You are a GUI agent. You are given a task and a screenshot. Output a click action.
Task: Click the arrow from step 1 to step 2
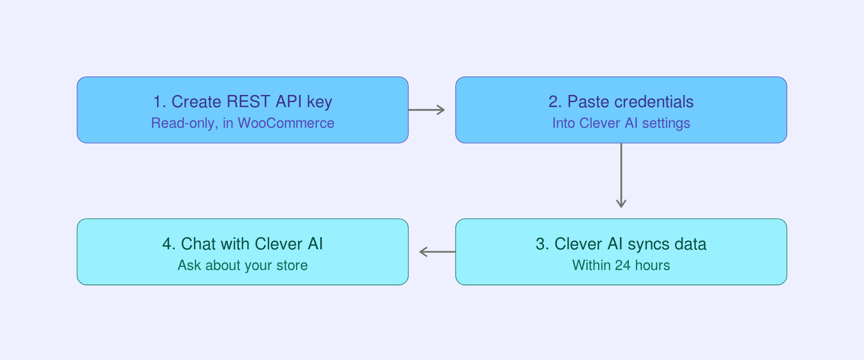[427, 110]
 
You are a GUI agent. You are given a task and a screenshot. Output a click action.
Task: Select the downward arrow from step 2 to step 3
[621, 175]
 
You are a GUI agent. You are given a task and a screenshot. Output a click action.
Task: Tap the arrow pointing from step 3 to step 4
[437, 252]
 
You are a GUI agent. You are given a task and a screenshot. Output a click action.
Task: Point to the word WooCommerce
[286, 123]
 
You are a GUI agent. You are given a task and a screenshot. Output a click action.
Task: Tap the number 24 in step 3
[623, 265]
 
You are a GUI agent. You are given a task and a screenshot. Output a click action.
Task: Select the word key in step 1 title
[319, 102]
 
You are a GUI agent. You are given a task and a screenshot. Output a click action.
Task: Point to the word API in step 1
[289, 102]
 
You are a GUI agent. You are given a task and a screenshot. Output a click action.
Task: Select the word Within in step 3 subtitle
[591, 265]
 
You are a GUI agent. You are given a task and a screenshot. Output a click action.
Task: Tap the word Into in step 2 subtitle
[564, 123]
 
